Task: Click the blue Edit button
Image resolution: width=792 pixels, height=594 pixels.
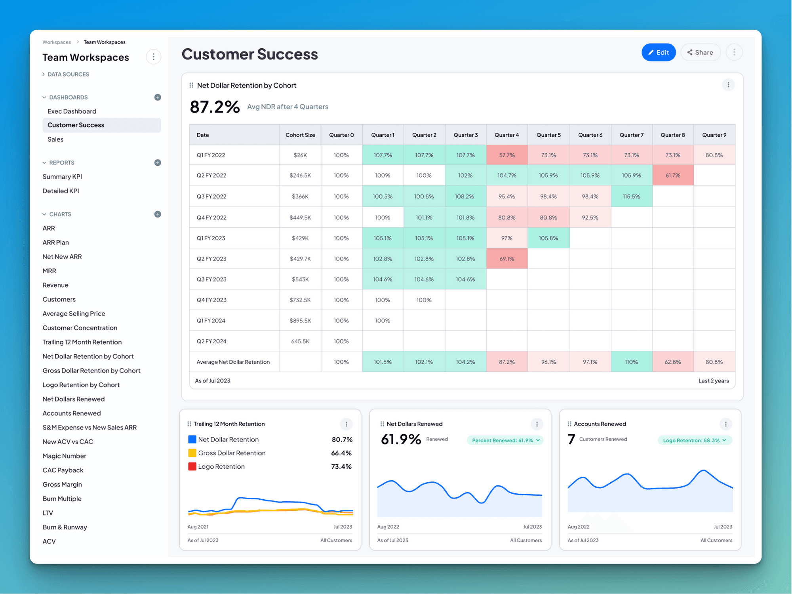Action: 658,52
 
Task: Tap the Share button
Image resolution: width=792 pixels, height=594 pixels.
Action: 700,52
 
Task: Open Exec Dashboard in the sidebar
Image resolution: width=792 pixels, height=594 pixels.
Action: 72,111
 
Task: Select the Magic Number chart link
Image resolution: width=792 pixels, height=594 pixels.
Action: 64,456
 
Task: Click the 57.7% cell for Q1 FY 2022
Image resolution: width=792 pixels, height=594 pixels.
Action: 506,155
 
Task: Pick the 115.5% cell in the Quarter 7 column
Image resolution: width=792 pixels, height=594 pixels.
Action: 631,196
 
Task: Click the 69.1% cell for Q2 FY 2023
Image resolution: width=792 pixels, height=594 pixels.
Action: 506,259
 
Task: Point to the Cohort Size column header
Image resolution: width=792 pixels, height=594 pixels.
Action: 300,135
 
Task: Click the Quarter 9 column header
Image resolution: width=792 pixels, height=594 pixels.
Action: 714,135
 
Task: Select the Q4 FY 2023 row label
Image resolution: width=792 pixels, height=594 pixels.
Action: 211,300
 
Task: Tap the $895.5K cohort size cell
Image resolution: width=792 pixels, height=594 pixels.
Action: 300,321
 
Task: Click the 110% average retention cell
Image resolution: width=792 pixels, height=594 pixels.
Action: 631,362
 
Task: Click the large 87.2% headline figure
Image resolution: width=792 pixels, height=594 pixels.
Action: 215,107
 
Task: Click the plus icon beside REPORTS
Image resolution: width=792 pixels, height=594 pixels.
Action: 158,162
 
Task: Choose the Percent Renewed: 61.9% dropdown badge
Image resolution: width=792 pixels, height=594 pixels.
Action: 505,440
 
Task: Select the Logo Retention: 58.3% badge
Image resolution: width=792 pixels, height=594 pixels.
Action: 694,440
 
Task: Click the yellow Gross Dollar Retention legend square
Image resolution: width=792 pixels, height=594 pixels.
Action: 192,453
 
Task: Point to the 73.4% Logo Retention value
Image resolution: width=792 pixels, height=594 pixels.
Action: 341,466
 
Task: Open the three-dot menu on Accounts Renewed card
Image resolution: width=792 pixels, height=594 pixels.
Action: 725,424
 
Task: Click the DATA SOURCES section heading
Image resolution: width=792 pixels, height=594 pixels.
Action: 68,74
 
